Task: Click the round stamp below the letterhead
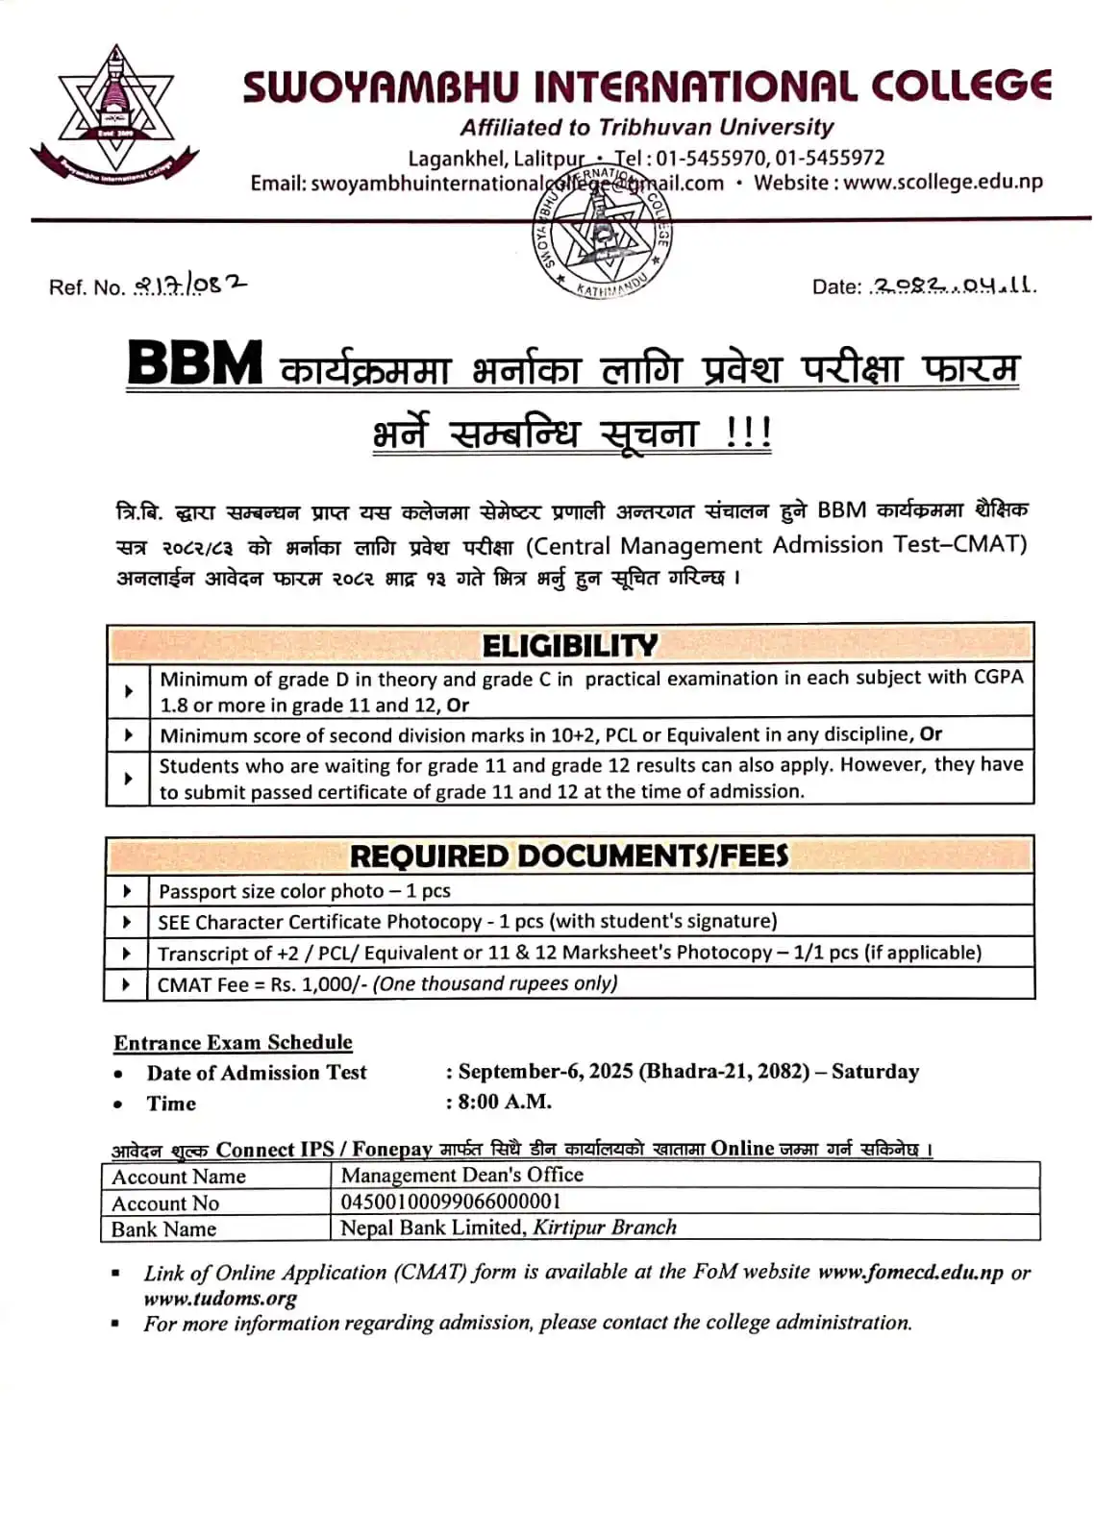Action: click(x=602, y=233)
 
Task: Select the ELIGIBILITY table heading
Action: click(x=570, y=645)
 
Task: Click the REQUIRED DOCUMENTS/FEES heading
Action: click(x=569, y=856)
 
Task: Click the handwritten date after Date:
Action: click(x=952, y=285)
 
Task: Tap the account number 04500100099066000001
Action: click(x=450, y=1202)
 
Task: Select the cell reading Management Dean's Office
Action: click(x=461, y=1175)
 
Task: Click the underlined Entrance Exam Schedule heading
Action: click(x=233, y=1043)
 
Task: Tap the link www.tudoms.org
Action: click(x=220, y=1299)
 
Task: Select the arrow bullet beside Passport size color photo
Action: click(x=127, y=891)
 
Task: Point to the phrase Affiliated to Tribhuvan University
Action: click(x=646, y=127)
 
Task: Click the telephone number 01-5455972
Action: click(x=830, y=158)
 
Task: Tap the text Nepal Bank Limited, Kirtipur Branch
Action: click(x=509, y=1228)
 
